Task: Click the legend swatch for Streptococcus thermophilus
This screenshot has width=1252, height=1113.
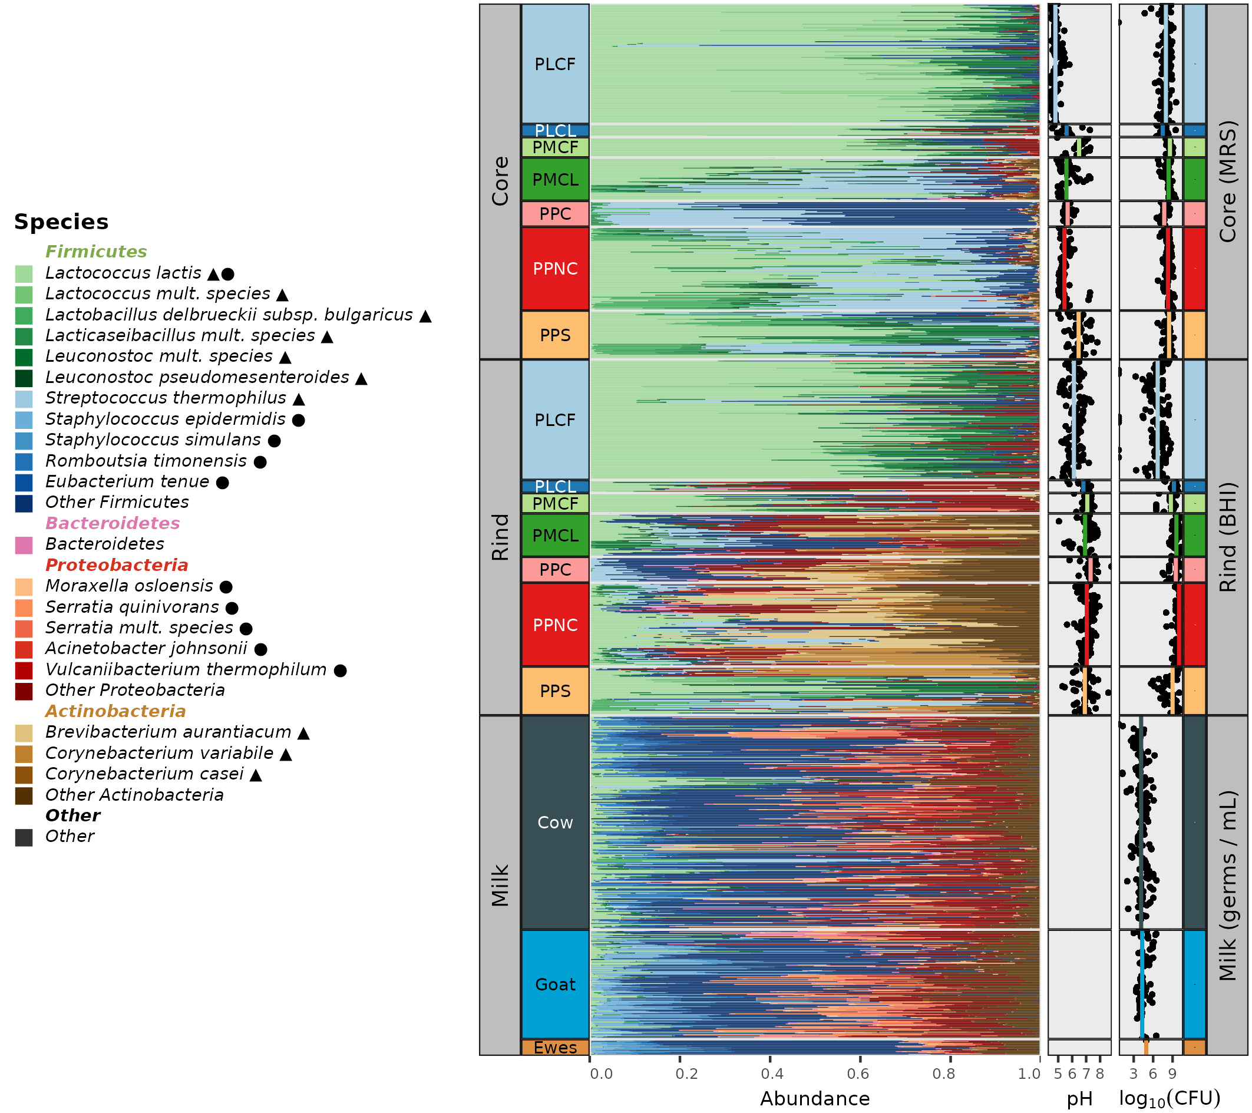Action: (x=24, y=399)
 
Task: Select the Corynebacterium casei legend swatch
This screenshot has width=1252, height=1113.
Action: (x=24, y=775)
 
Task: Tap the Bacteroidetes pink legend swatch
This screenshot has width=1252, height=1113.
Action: (x=24, y=545)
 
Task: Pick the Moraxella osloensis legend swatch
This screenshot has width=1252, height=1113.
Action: (x=24, y=587)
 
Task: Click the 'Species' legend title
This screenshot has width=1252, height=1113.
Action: (x=61, y=222)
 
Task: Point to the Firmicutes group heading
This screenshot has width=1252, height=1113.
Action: (x=96, y=252)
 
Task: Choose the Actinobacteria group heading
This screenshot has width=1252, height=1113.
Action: (x=115, y=712)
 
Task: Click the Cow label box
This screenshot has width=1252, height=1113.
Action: (x=555, y=823)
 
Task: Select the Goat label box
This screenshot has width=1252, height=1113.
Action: (x=555, y=985)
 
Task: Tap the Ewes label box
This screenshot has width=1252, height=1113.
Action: (x=555, y=1048)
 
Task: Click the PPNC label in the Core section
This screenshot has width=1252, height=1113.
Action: (x=555, y=269)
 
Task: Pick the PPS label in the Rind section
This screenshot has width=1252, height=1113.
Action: (x=555, y=691)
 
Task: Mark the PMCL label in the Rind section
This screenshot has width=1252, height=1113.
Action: (x=555, y=536)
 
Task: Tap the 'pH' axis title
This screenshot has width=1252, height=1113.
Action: (x=1079, y=1099)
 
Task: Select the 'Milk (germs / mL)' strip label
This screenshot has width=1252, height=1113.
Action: (x=1227, y=886)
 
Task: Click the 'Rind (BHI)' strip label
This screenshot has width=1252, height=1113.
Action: (x=1227, y=537)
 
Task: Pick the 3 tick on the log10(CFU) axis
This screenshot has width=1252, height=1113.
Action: (x=1133, y=1073)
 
